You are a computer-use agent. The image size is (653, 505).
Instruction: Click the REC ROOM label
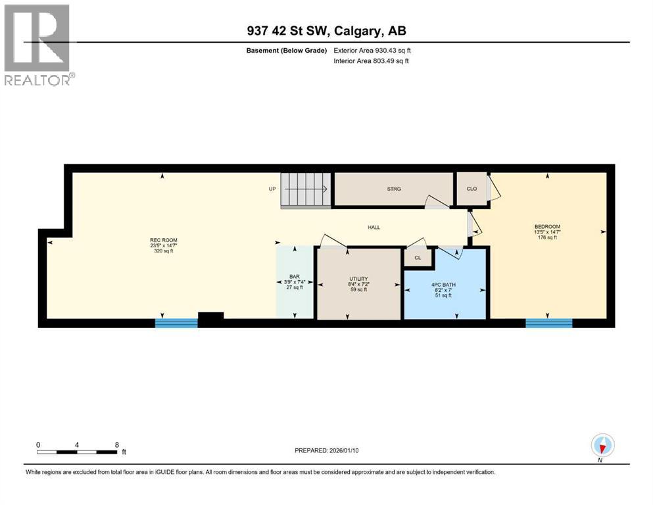click(164, 240)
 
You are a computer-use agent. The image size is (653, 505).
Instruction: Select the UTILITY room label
click(358, 279)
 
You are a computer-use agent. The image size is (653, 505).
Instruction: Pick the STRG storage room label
click(393, 189)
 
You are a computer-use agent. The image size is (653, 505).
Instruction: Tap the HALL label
click(374, 228)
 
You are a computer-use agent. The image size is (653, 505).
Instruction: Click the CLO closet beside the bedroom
click(472, 189)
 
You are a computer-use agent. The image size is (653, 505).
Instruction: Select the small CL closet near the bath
click(418, 258)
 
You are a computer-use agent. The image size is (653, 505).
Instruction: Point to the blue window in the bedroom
click(548, 323)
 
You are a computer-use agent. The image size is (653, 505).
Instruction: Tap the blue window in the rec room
click(176, 323)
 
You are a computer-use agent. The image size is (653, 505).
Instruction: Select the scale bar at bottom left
click(77, 452)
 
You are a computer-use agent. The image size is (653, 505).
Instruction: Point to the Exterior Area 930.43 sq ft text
click(374, 51)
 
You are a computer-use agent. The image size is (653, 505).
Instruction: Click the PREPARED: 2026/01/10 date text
click(327, 450)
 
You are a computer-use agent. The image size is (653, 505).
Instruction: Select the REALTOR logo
click(39, 45)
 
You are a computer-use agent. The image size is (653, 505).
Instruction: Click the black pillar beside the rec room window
click(210, 319)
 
